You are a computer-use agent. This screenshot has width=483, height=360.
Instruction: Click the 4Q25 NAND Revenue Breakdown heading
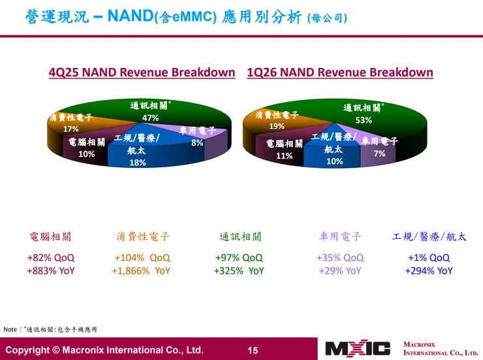[x=142, y=73]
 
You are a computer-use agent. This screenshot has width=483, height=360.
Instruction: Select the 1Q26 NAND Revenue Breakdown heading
[x=340, y=73]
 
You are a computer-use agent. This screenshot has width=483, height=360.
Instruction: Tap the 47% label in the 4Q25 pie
[x=151, y=118]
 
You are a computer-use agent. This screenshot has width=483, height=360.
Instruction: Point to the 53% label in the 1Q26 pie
[x=364, y=120]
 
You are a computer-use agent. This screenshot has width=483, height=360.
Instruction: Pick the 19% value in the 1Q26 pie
[x=277, y=126]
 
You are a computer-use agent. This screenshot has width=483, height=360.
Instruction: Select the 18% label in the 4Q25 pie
[x=137, y=163]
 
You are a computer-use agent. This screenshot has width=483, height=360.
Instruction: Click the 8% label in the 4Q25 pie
[x=197, y=142]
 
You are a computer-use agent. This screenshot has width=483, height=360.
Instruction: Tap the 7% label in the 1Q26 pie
[x=379, y=154]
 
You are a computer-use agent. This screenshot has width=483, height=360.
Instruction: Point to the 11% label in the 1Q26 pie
[x=284, y=156]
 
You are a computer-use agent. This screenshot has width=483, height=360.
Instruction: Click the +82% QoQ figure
[x=50, y=257]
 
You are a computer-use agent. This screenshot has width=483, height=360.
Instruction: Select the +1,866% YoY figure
[x=141, y=270]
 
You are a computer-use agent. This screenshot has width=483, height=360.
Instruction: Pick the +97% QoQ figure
[x=239, y=257]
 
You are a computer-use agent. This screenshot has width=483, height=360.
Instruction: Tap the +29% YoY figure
[x=340, y=270]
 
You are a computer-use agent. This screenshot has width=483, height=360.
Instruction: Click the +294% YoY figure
[x=429, y=270]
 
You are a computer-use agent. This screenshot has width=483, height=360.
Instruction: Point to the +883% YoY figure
[x=50, y=270]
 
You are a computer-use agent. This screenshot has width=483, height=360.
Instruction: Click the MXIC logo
[x=358, y=348]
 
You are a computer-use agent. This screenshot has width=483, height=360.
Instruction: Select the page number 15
[x=253, y=350]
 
